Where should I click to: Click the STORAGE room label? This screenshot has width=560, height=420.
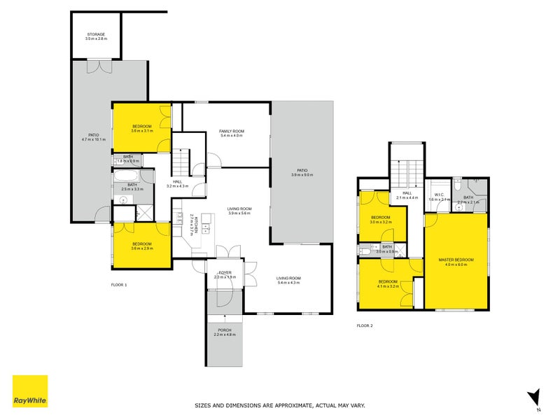(97, 34)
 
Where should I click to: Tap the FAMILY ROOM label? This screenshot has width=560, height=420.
(231, 131)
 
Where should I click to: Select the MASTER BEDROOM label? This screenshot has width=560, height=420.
(456, 260)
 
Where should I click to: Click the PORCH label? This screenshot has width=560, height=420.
(225, 330)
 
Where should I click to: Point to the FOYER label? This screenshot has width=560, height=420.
(225, 272)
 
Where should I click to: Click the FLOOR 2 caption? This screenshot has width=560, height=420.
(365, 325)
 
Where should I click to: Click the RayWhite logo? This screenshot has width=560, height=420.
(30, 391)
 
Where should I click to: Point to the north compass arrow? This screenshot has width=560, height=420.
(534, 396)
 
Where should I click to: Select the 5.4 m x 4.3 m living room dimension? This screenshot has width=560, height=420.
(288, 282)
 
